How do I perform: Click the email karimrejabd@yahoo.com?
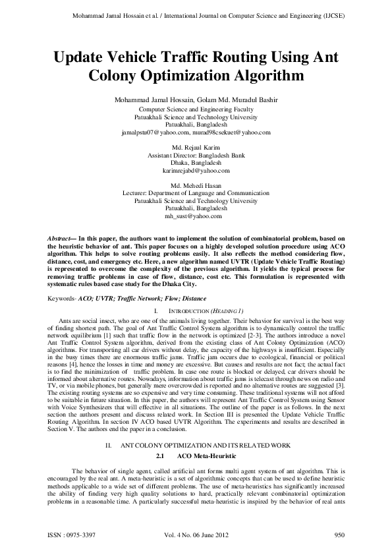tap(196, 170)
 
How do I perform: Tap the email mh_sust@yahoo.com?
tap(196, 216)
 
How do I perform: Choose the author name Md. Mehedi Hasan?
tap(196, 185)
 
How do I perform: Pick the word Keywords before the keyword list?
tap(63, 299)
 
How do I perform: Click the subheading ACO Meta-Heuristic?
tap(208, 456)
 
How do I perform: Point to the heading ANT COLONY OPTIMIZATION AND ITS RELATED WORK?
tap(207, 446)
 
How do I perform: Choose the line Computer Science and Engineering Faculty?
tap(196, 109)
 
